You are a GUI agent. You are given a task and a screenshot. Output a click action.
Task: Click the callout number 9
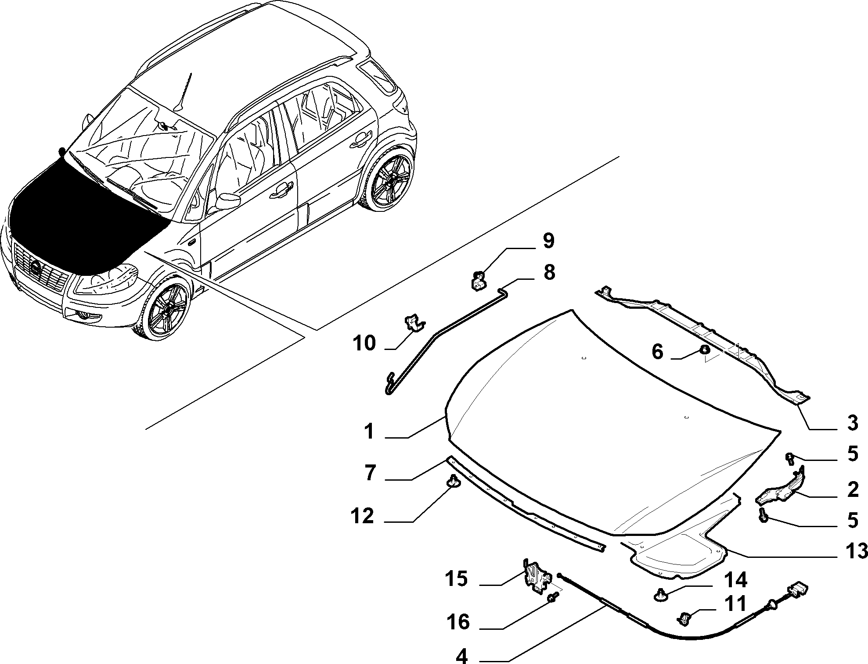[x=548, y=241]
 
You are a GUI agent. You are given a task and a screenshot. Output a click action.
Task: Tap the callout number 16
[x=458, y=622]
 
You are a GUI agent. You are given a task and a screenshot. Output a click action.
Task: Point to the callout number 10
[x=364, y=343]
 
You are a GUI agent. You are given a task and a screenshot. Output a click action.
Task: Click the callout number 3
[x=852, y=424]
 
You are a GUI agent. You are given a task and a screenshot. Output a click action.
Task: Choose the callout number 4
[x=462, y=657]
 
